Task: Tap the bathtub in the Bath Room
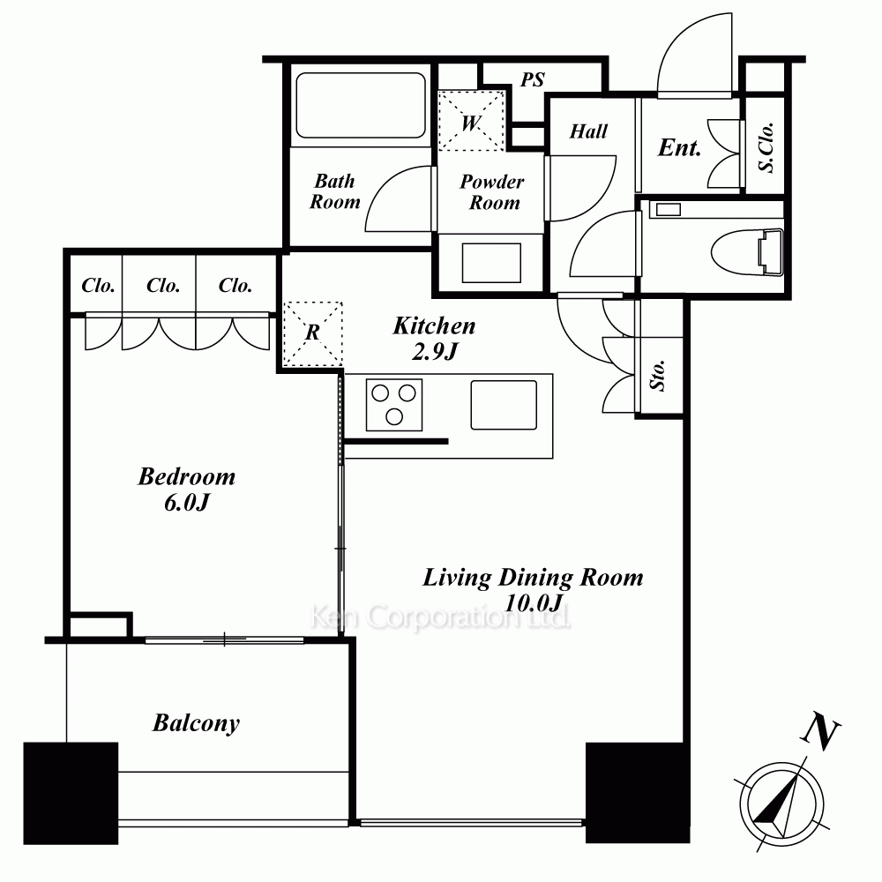[x=361, y=105]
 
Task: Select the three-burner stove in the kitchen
[x=393, y=405]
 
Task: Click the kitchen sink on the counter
[x=504, y=405]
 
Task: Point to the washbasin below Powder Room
[x=491, y=263]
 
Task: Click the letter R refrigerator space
[x=313, y=333]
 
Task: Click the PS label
[x=532, y=80]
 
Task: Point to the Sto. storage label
[x=657, y=375]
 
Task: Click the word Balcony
[x=196, y=723]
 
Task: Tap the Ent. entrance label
[x=679, y=147]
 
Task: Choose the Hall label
[x=588, y=131]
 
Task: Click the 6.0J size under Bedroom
[x=187, y=503]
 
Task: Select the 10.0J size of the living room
[x=534, y=603]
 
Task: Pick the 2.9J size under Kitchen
[x=434, y=352]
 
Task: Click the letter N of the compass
[x=820, y=731]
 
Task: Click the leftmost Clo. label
[x=99, y=286]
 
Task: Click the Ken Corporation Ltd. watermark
[x=440, y=617]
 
